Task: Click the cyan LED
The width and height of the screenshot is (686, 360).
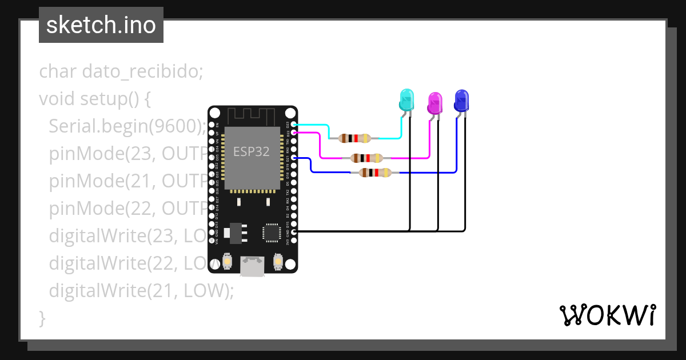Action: tap(406, 100)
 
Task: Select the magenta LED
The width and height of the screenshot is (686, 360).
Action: tap(435, 103)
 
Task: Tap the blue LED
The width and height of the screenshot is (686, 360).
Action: tap(461, 101)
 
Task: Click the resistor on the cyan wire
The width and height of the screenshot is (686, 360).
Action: tap(355, 138)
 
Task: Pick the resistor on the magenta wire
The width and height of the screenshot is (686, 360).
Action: tap(366, 158)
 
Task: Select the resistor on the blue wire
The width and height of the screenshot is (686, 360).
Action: tap(374, 172)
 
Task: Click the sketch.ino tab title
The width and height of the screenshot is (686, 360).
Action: tap(101, 25)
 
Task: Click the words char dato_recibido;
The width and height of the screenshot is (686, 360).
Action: tap(121, 72)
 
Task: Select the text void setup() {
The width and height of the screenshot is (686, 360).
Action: tap(95, 99)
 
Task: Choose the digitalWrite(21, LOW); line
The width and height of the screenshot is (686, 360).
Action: tap(141, 291)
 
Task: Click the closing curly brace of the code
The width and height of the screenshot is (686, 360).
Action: tap(42, 318)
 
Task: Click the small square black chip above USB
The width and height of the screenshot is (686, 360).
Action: tap(270, 233)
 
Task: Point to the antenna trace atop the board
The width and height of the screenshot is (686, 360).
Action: tap(252, 116)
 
